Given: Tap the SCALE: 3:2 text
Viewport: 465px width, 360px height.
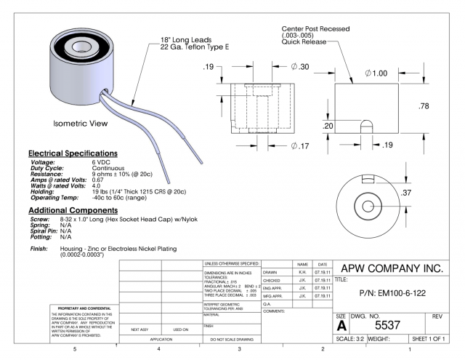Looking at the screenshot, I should (353, 338).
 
